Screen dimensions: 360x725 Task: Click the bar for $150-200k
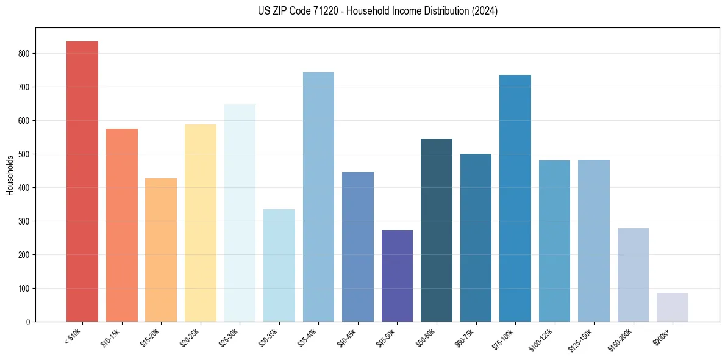pyautogui.click(x=633, y=275)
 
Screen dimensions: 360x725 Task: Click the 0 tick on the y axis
pyautogui.click(x=28, y=322)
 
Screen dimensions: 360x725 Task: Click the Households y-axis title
pyautogui.click(x=10, y=175)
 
